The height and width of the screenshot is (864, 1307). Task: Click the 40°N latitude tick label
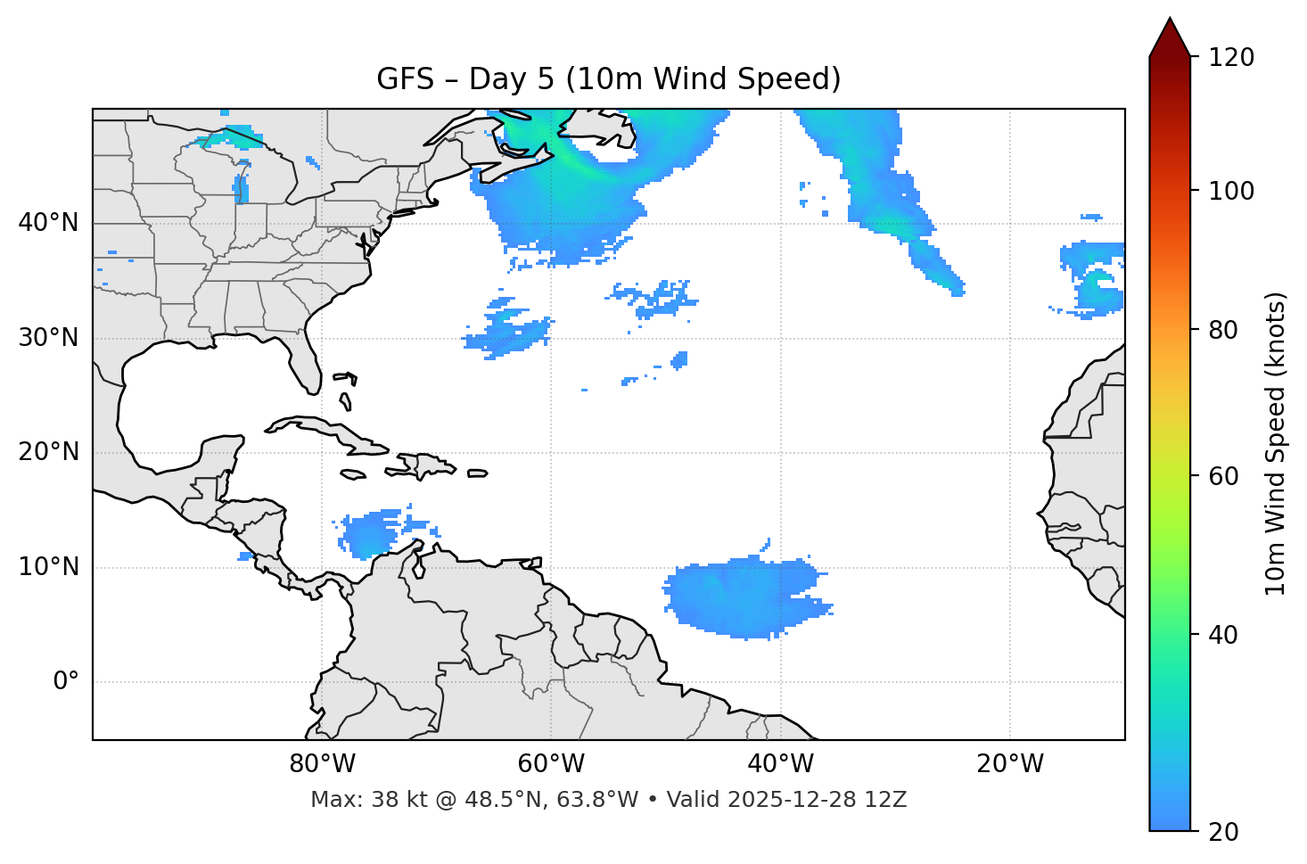(48, 223)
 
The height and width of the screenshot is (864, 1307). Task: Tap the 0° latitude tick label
(66, 682)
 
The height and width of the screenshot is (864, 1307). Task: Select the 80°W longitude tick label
(322, 764)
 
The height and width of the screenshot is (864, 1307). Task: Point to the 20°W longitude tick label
(1010, 764)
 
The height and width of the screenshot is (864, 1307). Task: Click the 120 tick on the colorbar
(1231, 58)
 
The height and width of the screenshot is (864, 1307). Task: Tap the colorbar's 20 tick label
(1224, 832)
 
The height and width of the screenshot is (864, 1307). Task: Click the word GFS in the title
(405, 79)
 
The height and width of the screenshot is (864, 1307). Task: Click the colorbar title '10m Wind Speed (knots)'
(1276, 444)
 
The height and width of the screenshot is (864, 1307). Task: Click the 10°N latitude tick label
(48, 567)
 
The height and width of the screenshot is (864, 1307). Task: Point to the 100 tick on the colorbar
(1231, 191)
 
